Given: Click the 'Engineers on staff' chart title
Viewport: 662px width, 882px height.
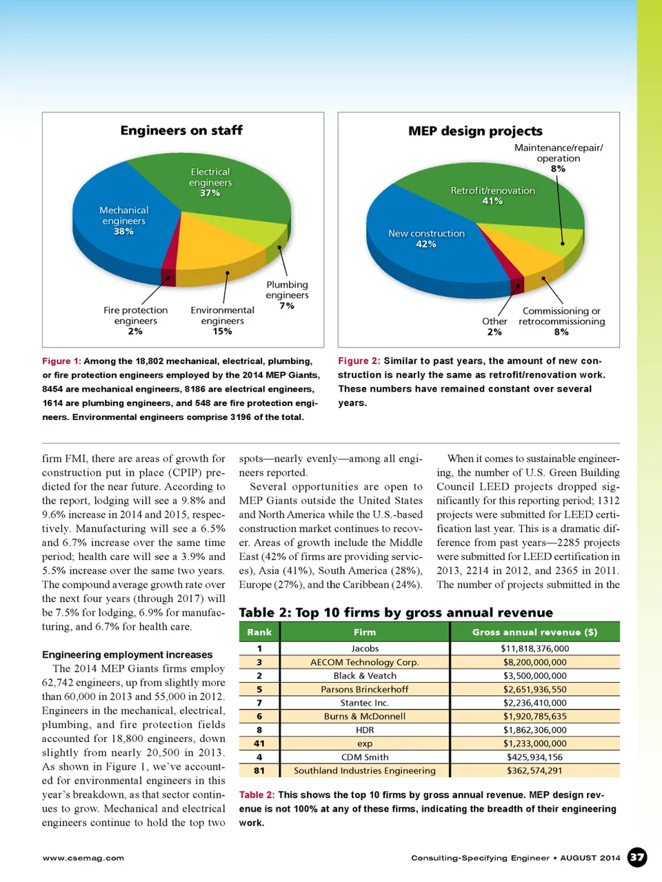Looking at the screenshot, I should (181, 130).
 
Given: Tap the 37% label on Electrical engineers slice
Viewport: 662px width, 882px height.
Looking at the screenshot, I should (210, 193).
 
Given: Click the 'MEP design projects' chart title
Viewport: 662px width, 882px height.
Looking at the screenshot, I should (475, 131).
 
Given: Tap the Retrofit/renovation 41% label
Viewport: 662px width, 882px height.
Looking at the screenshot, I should (492, 195).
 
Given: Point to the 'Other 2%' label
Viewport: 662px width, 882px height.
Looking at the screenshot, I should (494, 326).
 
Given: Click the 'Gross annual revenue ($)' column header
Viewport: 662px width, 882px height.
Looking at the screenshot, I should (534, 632).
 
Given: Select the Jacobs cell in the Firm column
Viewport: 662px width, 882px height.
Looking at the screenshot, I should (365, 648).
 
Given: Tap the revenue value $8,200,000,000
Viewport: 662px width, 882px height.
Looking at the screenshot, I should (534, 662).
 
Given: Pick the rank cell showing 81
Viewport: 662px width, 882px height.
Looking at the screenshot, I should (259, 770).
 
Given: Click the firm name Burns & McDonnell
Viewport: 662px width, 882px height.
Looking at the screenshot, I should (365, 716).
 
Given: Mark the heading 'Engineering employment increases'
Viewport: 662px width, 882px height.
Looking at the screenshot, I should (128, 654).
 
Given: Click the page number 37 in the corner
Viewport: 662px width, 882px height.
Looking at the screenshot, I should (637, 857).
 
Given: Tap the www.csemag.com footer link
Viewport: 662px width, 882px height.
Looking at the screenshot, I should (83, 858).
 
